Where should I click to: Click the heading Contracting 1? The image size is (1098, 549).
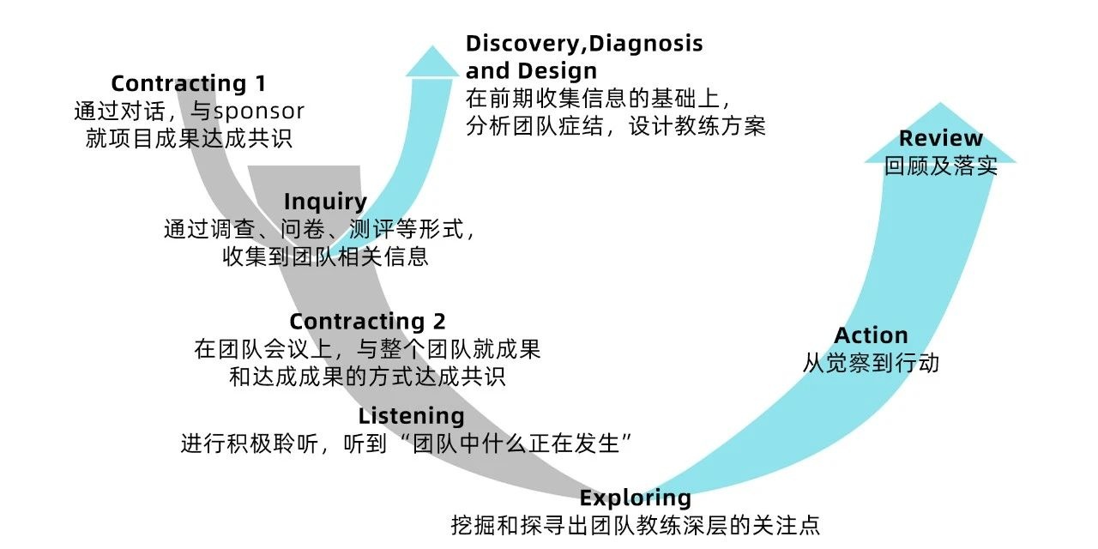(188, 84)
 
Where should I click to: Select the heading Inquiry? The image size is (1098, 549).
(325, 202)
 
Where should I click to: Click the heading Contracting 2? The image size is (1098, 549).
(367, 322)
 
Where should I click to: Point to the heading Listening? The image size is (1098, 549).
(411, 416)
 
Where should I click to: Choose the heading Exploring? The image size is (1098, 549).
(635, 498)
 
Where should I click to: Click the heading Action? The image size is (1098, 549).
(871, 335)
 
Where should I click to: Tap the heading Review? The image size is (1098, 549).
(940, 139)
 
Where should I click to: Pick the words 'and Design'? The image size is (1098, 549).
(531, 70)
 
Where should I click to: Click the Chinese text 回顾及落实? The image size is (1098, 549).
(940, 166)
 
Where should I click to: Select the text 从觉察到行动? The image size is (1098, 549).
(871, 363)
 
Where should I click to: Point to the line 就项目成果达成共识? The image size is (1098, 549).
(189, 138)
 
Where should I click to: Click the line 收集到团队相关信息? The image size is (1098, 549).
(325, 256)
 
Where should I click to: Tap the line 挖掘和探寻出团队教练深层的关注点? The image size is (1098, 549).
(635, 525)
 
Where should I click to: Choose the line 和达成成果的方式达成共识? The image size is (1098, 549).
(367, 377)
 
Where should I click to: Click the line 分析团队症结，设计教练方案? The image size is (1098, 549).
(615, 126)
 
